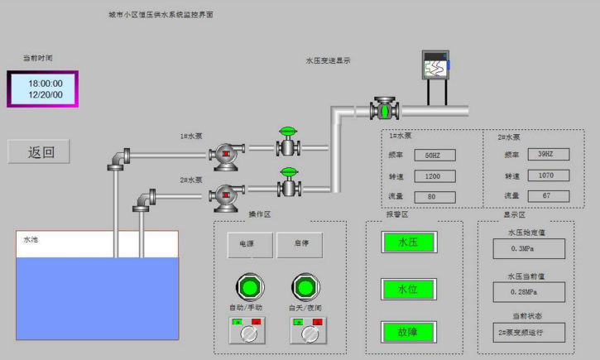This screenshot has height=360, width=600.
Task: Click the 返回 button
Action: point(39,151)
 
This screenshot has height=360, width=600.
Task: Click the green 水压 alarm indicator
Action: point(408,242)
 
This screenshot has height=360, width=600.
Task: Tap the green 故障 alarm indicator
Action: point(408,333)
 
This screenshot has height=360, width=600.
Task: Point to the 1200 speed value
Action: point(433,176)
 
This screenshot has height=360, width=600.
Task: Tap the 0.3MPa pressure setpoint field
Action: point(529,248)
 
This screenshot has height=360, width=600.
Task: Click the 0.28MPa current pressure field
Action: point(529,291)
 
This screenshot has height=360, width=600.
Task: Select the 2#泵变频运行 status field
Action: point(529,333)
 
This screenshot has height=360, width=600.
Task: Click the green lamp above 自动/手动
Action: point(248,287)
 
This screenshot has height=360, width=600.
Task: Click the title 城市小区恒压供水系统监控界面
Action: point(161,15)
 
